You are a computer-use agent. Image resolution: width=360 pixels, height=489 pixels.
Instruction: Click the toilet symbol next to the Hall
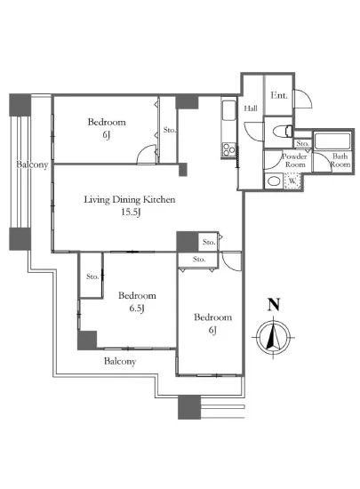click(283, 131)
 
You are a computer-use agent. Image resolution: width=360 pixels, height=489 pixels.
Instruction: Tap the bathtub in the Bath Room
click(332, 141)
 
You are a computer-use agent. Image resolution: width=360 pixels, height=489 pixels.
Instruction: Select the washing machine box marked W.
click(292, 180)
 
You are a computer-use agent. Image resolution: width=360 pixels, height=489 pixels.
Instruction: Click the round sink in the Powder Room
click(274, 181)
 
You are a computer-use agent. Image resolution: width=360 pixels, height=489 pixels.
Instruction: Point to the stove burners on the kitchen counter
click(229, 149)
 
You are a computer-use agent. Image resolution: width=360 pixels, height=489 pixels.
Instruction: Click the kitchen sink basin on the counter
click(229, 111)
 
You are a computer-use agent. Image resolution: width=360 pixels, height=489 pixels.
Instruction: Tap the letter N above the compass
click(274, 305)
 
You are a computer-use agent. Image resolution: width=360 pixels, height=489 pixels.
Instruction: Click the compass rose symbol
click(274, 338)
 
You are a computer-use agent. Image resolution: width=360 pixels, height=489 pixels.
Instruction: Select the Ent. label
click(278, 95)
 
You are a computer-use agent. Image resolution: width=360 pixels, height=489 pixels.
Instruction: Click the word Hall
click(251, 108)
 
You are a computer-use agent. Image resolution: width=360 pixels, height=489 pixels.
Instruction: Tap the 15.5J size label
click(131, 212)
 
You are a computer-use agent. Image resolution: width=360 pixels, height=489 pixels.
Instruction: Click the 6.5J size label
click(137, 309)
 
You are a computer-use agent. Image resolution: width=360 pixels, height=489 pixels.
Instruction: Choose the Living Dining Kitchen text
click(130, 199)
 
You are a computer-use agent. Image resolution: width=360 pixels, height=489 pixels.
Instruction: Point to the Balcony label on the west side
click(32, 164)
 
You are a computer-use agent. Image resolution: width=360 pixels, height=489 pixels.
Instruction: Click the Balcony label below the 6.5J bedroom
click(120, 362)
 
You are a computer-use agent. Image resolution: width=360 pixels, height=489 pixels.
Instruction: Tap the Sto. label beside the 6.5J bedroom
click(92, 277)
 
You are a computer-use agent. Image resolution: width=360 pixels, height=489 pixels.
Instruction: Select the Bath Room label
click(340, 160)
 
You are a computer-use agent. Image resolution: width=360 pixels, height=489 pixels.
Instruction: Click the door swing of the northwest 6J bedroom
click(146, 154)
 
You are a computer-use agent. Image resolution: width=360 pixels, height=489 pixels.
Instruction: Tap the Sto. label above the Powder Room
click(302, 144)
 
